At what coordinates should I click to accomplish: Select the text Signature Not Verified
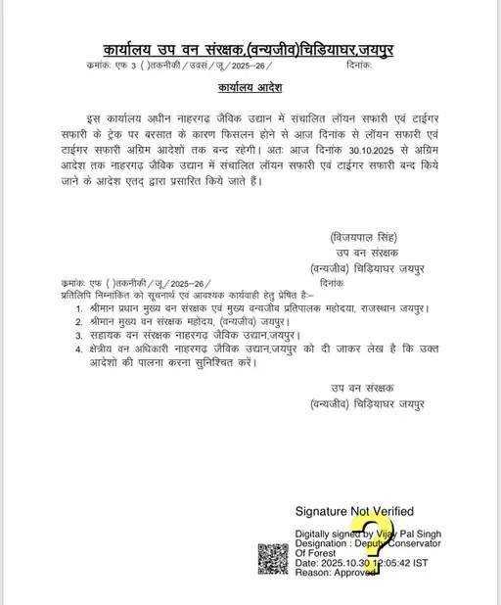354,511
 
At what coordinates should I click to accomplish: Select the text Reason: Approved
337,573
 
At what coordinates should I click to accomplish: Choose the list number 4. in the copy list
79,348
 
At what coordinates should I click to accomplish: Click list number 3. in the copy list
79,335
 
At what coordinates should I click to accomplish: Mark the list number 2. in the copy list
79,321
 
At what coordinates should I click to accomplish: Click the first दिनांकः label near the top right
359,66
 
